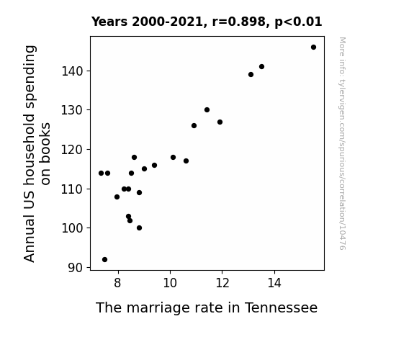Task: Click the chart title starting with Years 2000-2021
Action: click(x=207, y=22)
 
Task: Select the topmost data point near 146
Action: click(x=313, y=48)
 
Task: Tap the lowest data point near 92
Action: click(x=104, y=260)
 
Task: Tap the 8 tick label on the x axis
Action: click(x=118, y=283)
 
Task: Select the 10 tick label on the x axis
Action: click(x=170, y=283)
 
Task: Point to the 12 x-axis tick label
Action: click(x=222, y=283)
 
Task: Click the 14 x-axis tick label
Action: click(x=274, y=283)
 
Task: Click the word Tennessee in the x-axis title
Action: click(x=282, y=307)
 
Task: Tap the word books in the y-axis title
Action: click(x=45, y=153)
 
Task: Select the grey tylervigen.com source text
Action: click(x=342, y=143)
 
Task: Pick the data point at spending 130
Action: click(x=207, y=110)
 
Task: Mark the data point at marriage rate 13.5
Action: click(x=261, y=66)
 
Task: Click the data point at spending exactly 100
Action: click(x=140, y=228)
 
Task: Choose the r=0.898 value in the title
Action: click(x=239, y=22)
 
